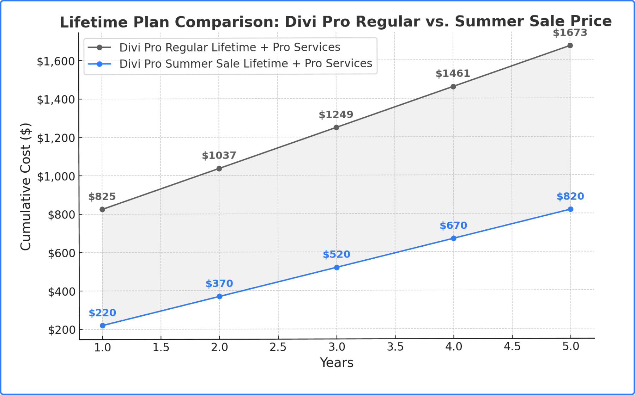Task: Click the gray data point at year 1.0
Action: [102, 209]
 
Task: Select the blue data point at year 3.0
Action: [337, 267]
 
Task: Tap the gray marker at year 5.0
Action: [570, 45]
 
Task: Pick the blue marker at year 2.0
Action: [219, 296]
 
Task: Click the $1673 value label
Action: [570, 33]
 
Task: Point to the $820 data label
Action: [570, 196]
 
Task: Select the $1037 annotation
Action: [219, 155]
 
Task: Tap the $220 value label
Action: [102, 313]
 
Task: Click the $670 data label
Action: [453, 226]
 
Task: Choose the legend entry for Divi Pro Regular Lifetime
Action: [229, 47]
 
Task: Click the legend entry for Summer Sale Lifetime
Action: [246, 63]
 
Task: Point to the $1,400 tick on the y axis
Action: [56, 100]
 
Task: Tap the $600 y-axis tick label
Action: [61, 253]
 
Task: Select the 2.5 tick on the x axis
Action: [278, 347]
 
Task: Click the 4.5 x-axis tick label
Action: [512, 347]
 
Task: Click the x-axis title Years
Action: [337, 363]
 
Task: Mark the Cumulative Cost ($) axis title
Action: [25, 187]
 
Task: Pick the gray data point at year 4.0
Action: [453, 87]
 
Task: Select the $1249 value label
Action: [336, 115]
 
